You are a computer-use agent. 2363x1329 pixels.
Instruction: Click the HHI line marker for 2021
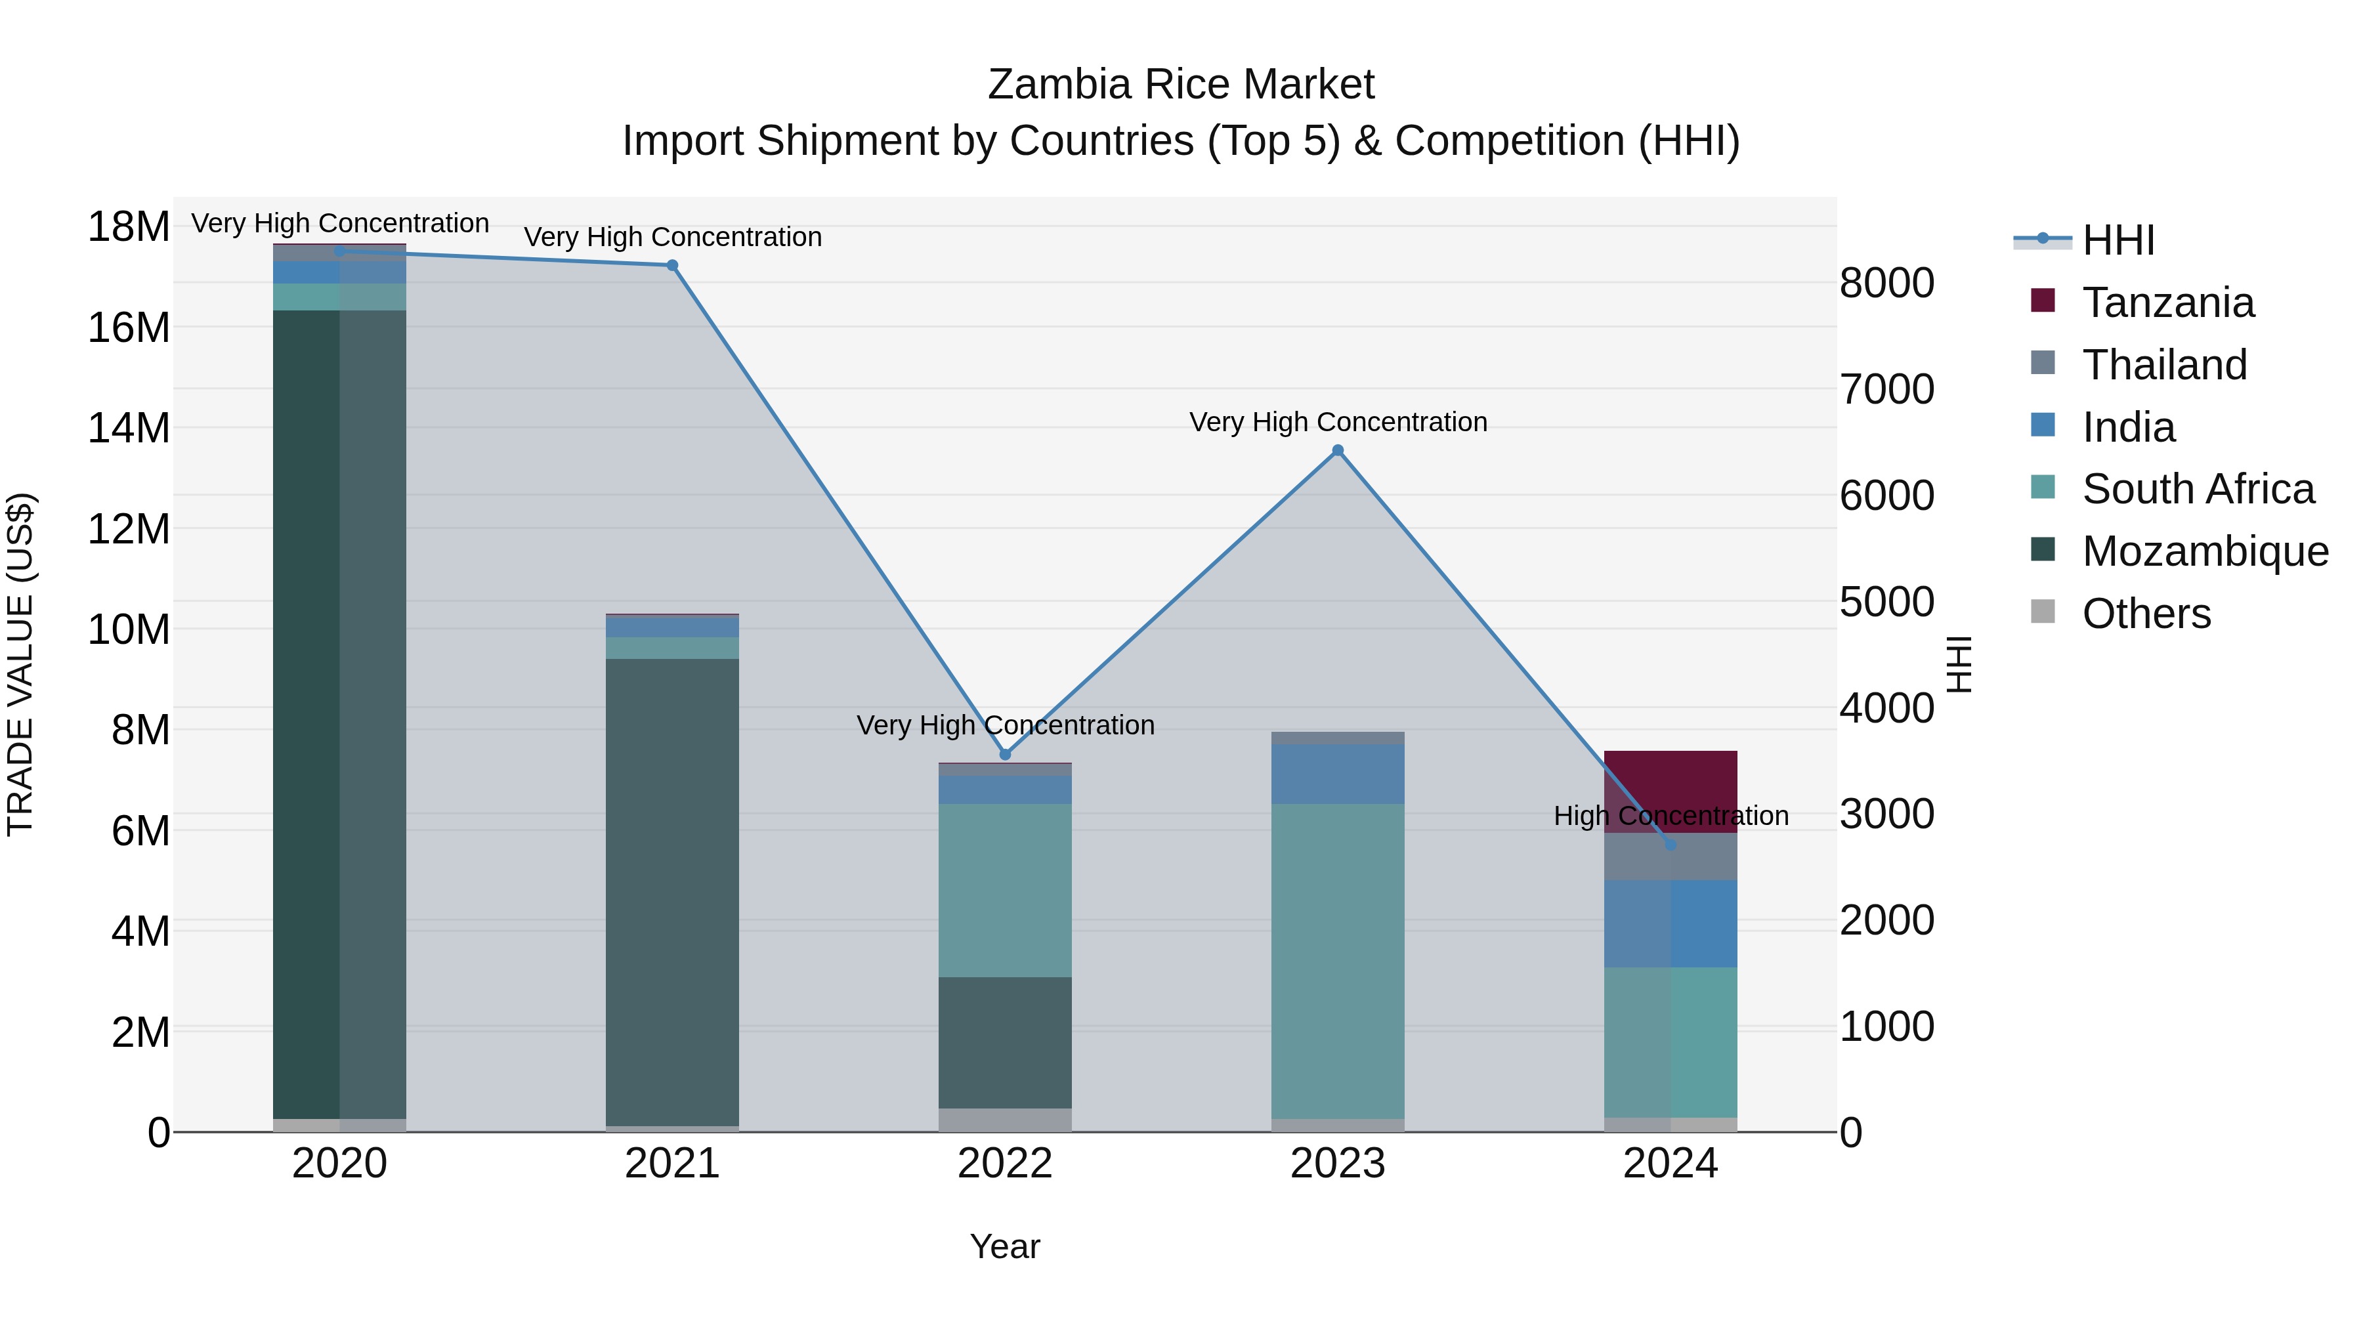[x=672, y=266]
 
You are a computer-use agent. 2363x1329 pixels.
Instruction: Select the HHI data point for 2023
[x=1338, y=450]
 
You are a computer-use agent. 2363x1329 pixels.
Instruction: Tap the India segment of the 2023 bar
[x=1338, y=774]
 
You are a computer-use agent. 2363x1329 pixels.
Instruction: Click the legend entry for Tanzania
[x=2167, y=303]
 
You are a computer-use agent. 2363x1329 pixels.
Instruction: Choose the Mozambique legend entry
[x=2204, y=551]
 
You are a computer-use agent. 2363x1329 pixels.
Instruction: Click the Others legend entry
[x=2146, y=614]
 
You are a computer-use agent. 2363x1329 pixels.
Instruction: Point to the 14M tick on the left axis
[x=129, y=429]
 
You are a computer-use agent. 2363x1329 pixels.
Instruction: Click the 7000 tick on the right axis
[x=1887, y=390]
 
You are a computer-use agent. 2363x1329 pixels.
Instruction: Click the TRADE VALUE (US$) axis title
[x=21, y=664]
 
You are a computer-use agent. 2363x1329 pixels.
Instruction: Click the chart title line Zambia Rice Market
[x=1181, y=85]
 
